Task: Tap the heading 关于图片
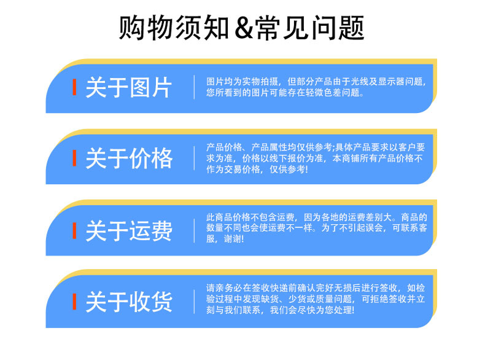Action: tap(128, 88)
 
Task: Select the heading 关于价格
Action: tap(128, 158)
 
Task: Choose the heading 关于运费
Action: tap(128, 230)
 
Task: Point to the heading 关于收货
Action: tap(128, 301)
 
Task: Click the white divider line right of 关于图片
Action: tap(194, 87)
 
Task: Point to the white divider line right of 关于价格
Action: tap(194, 158)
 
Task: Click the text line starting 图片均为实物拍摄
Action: tap(316, 82)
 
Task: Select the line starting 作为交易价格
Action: tap(257, 170)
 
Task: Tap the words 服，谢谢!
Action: tap(225, 239)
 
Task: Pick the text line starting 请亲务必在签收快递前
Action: tap(316, 288)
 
